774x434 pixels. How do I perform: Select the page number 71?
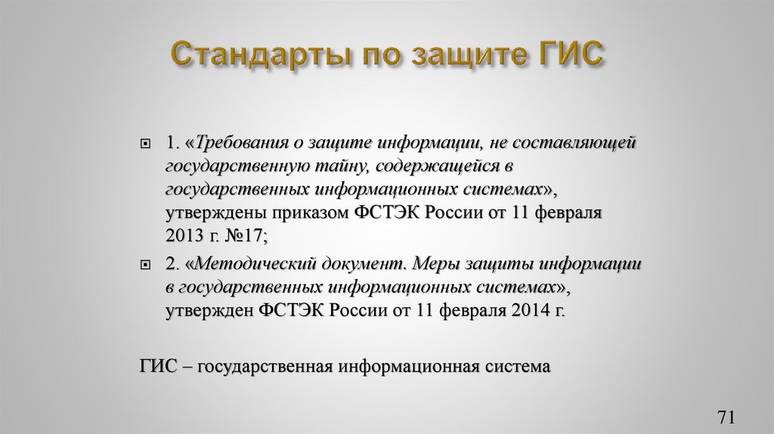click(x=726, y=416)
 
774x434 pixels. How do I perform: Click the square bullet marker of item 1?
click(x=147, y=143)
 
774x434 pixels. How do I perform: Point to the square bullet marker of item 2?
click(x=147, y=265)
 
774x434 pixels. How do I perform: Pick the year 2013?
click(x=184, y=236)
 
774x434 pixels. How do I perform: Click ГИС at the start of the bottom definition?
click(x=157, y=367)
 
